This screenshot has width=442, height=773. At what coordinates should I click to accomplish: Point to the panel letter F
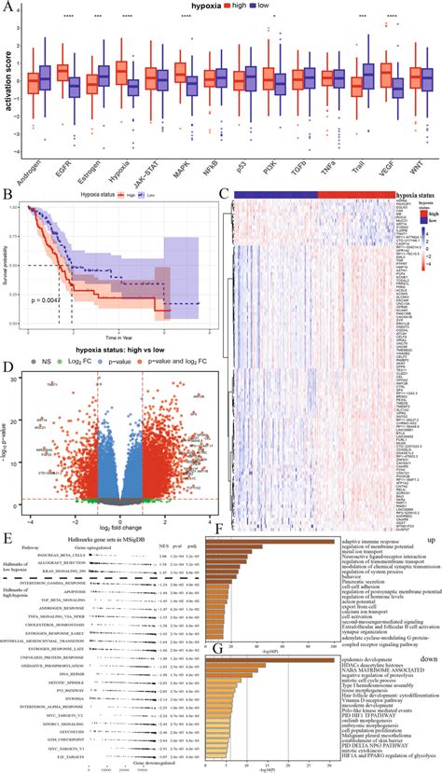(x=217, y=531)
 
